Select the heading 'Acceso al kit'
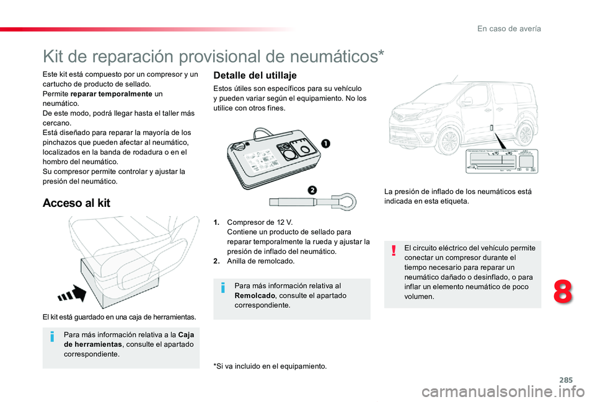pos(76,203)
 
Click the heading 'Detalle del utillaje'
pos(255,75)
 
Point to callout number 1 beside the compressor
pos(325,144)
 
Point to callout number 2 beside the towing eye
pos(312,189)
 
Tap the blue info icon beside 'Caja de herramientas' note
pos(51,336)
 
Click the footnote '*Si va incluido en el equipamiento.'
pos(270,366)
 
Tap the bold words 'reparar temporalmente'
pos(108,94)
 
